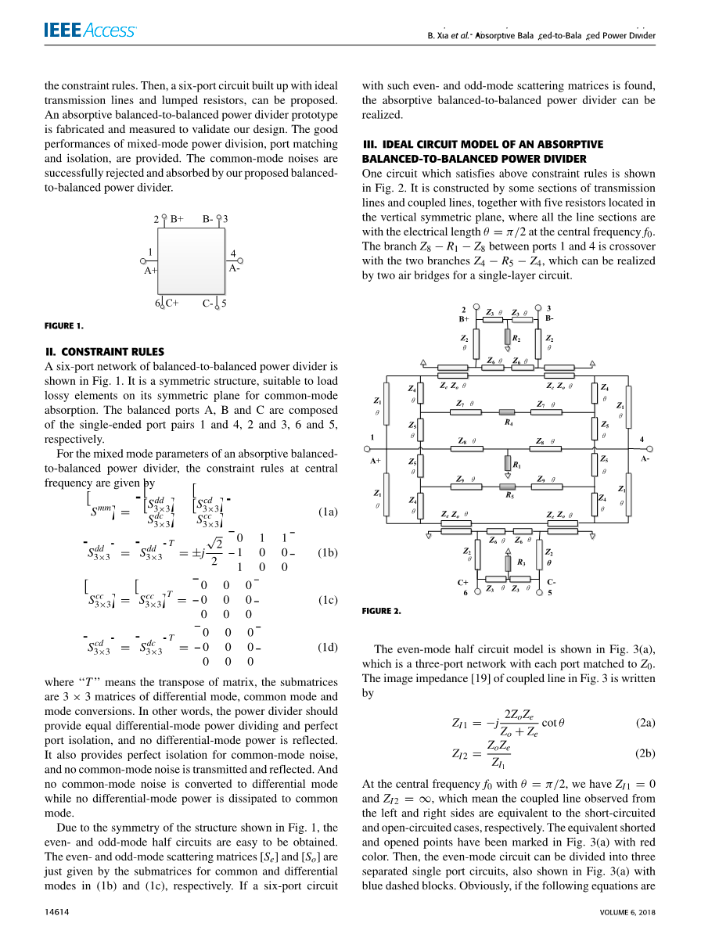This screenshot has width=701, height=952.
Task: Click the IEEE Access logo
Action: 90,31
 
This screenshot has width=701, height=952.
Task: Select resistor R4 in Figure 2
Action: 509,412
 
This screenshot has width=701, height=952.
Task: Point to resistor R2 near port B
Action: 508,338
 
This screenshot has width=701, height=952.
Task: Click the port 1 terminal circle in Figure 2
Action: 366,449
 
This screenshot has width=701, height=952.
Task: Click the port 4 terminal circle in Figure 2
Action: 651,449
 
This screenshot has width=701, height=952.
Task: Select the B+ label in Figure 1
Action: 177,219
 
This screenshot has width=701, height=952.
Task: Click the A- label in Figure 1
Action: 234,268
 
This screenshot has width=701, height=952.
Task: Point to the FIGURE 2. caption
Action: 381,611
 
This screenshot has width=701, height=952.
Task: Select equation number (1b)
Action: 328,552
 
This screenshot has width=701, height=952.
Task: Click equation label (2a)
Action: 645,723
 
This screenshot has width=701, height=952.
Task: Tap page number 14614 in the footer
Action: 58,911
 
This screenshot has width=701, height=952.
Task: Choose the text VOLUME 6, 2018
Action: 627,911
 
